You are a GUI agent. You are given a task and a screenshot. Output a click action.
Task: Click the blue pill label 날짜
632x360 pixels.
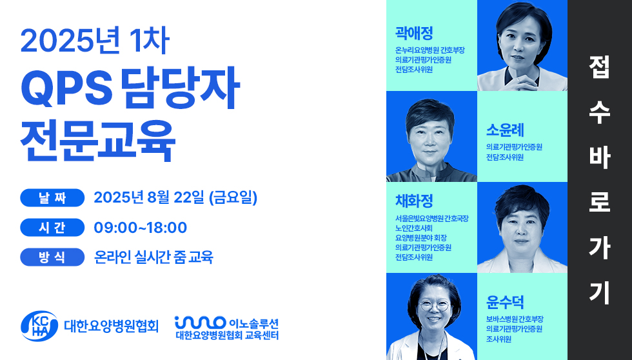(x=52, y=198)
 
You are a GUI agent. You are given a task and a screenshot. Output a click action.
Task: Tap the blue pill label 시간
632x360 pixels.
(x=52, y=228)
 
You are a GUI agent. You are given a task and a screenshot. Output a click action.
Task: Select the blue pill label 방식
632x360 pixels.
(x=52, y=257)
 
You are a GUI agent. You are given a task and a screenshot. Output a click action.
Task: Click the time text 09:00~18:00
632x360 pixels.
(x=141, y=228)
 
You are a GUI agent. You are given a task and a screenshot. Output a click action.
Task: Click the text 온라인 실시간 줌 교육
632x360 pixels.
(x=153, y=257)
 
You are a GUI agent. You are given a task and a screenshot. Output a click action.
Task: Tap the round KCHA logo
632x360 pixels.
(x=39, y=326)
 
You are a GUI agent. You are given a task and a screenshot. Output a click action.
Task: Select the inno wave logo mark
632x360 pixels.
(x=200, y=323)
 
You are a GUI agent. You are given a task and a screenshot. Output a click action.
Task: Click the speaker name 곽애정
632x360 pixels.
(x=414, y=34)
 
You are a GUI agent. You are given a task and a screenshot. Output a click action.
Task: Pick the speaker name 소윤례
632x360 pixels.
(x=505, y=130)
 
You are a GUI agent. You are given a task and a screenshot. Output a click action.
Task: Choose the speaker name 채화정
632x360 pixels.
(x=414, y=201)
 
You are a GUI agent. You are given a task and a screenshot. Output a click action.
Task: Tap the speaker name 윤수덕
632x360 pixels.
(x=505, y=302)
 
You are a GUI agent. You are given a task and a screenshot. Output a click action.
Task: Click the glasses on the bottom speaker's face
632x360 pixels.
(x=434, y=305)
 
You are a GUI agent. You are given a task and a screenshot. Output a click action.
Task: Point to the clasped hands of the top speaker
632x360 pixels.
(x=522, y=83)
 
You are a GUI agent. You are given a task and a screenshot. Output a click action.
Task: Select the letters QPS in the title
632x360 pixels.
(x=66, y=88)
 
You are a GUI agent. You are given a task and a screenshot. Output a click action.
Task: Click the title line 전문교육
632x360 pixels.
(x=98, y=140)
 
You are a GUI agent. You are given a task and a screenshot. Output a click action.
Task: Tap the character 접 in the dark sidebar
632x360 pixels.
(x=599, y=67)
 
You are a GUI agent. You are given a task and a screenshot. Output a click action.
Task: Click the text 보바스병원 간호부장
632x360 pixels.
(x=515, y=319)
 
